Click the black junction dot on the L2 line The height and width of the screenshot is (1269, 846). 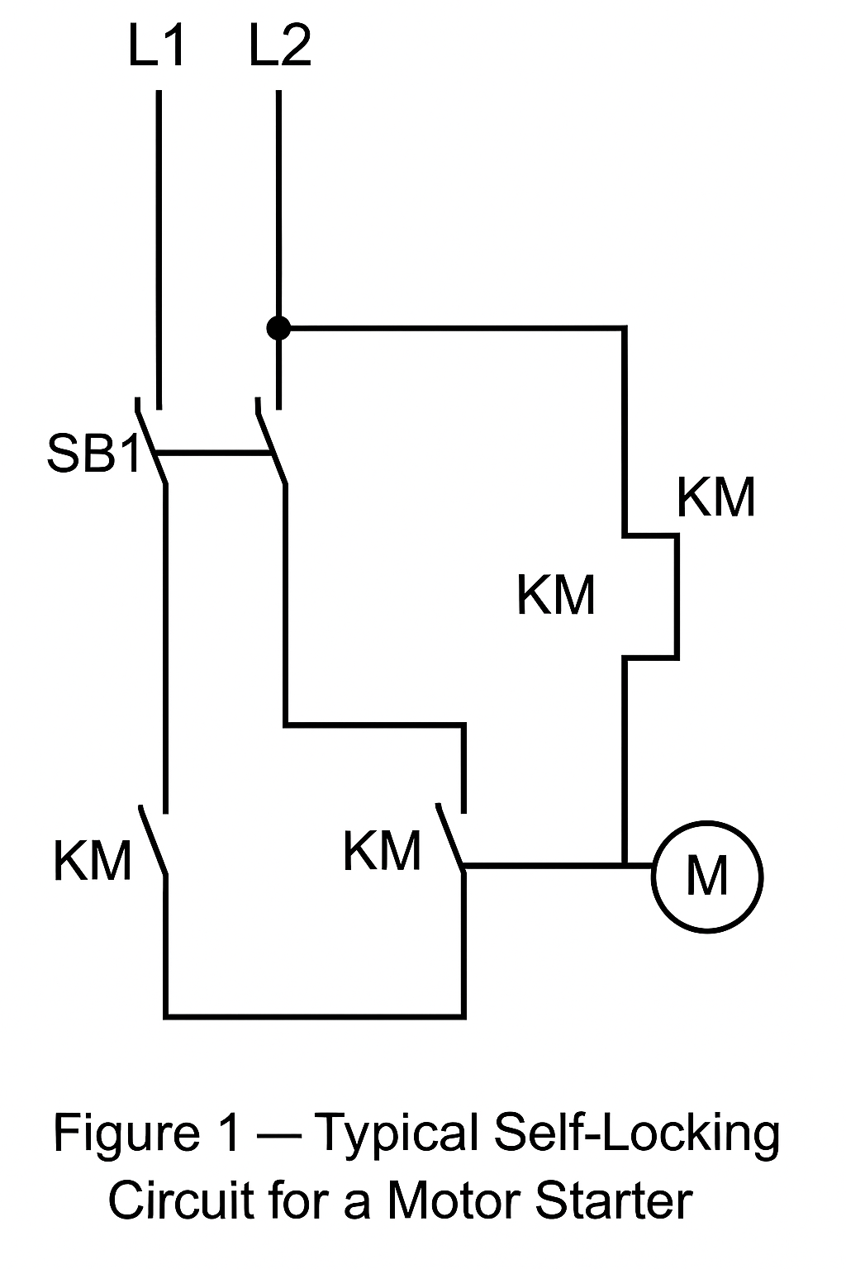[x=278, y=328]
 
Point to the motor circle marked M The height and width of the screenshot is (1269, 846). [x=707, y=876]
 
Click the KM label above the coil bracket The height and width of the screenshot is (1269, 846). [x=715, y=497]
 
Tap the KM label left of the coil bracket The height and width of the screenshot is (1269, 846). [x=555, y=595]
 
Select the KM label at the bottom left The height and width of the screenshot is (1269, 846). [x=93, y=861]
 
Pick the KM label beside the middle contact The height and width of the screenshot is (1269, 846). [x=382, y=851]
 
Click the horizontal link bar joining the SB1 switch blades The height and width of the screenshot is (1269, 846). [x=213, y=453]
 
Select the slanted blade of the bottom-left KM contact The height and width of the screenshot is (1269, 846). [x=154, y=840]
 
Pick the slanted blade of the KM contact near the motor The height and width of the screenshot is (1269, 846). [x=450, y=836]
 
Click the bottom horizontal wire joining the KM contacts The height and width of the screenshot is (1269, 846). [x=314, y=1014]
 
